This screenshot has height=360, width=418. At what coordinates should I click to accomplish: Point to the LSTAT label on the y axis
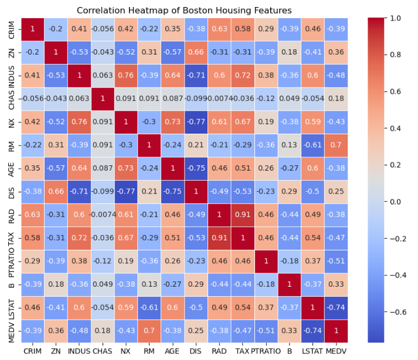click(11, 307)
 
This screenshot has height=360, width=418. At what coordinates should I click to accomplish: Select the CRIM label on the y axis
click(11, 29)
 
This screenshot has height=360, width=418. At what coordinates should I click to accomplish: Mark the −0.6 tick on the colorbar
click(397, 311)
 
